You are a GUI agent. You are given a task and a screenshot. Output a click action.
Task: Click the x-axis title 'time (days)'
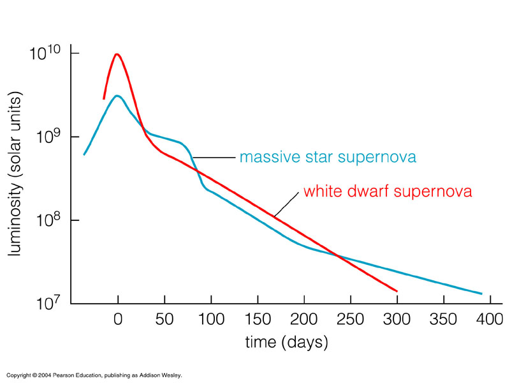click(287, 342)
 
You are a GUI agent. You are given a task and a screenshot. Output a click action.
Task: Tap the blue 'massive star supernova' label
click(328, 157)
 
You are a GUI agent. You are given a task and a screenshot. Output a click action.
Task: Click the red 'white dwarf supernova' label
click(388, 191)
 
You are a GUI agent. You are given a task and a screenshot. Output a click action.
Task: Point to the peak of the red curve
click(117, 54)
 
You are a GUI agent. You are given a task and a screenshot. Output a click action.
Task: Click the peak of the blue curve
click(117, 96)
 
